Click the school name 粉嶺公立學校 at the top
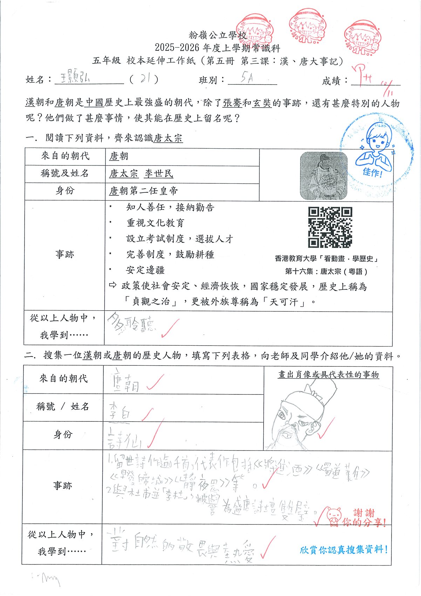[x=218, y=35]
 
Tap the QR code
[x=330, y=227]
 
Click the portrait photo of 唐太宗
[x=324, y=176]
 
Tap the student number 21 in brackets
[x=144, y=79]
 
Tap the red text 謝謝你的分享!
[x=363, y=518]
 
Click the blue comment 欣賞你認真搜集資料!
[x=344, y=550]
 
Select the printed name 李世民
[x=159, y=174]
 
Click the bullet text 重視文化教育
[x=155, y=223]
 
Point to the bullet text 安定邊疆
[x=145, y=270]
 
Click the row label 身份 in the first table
[x=65, y=191]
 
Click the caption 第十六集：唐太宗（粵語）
[x=326, y=271]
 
